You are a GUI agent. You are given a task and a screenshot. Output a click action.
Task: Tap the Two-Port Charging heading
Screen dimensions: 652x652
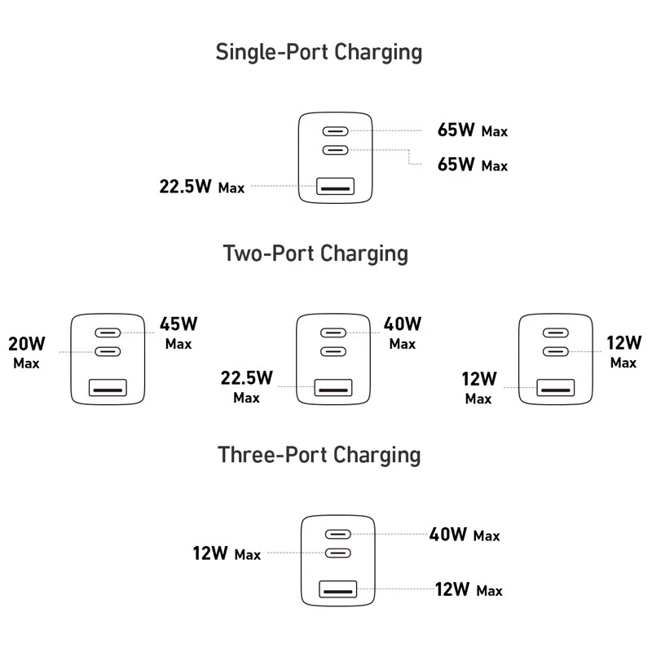tap(315, 253)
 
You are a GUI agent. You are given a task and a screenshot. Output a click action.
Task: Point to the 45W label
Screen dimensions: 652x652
tap(178, 324)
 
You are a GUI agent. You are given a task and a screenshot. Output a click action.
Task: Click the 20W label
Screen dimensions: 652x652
tap(27, 344)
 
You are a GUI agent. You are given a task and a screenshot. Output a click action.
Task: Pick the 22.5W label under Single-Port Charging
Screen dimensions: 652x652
tap(186, 187)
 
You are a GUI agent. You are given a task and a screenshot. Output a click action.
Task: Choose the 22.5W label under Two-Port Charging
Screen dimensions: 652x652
tap(247, 378)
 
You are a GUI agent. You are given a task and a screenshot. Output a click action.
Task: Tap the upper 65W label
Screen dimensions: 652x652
tap(456, 130)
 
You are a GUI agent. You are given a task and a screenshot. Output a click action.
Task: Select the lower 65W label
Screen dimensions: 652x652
tap(456, 165)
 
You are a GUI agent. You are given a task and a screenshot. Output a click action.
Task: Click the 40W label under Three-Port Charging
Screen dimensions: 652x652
tap(447, 535)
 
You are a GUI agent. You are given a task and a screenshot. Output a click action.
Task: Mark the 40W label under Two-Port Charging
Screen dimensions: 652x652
tap(403, 324)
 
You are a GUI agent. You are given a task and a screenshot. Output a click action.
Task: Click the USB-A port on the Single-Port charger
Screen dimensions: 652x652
tap(336, 187)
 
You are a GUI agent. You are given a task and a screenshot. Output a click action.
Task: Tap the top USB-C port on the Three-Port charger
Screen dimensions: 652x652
tap(338, 534)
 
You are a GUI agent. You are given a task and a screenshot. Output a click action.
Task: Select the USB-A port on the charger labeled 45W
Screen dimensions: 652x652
tap(108, 388)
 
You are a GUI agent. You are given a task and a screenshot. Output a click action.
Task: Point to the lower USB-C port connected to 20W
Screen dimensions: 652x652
tap(108, 352)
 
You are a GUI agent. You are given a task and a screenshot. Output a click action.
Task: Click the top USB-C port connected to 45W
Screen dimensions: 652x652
tap(108, 333)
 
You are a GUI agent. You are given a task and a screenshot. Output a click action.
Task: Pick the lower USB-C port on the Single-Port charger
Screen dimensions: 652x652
tap(336, 150)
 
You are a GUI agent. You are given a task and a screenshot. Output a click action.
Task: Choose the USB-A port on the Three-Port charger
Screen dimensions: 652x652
tap(338, 589)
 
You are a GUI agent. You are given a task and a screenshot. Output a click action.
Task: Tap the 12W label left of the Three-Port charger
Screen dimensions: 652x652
tap(210, 553)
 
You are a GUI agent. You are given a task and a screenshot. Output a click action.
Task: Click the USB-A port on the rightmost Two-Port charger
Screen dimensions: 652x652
tap(556, 388)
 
